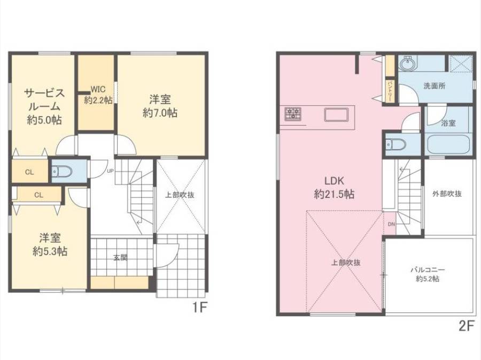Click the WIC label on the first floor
[98, 89]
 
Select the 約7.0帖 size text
[160, 113]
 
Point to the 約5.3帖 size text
[50, 251]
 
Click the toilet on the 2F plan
[395, 144]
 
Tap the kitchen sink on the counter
[337, 114]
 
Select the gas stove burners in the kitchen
[293, 113]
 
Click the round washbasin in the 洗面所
[408, 64]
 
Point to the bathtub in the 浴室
[448, 144]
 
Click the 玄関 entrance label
[120, 258]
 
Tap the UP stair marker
[110, 171]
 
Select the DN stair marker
[391, 224]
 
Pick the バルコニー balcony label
[428, 270]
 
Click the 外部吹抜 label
[447, 194]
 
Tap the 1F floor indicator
[200, 307]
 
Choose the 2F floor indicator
[467, 326]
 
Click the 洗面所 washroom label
[435, 86]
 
